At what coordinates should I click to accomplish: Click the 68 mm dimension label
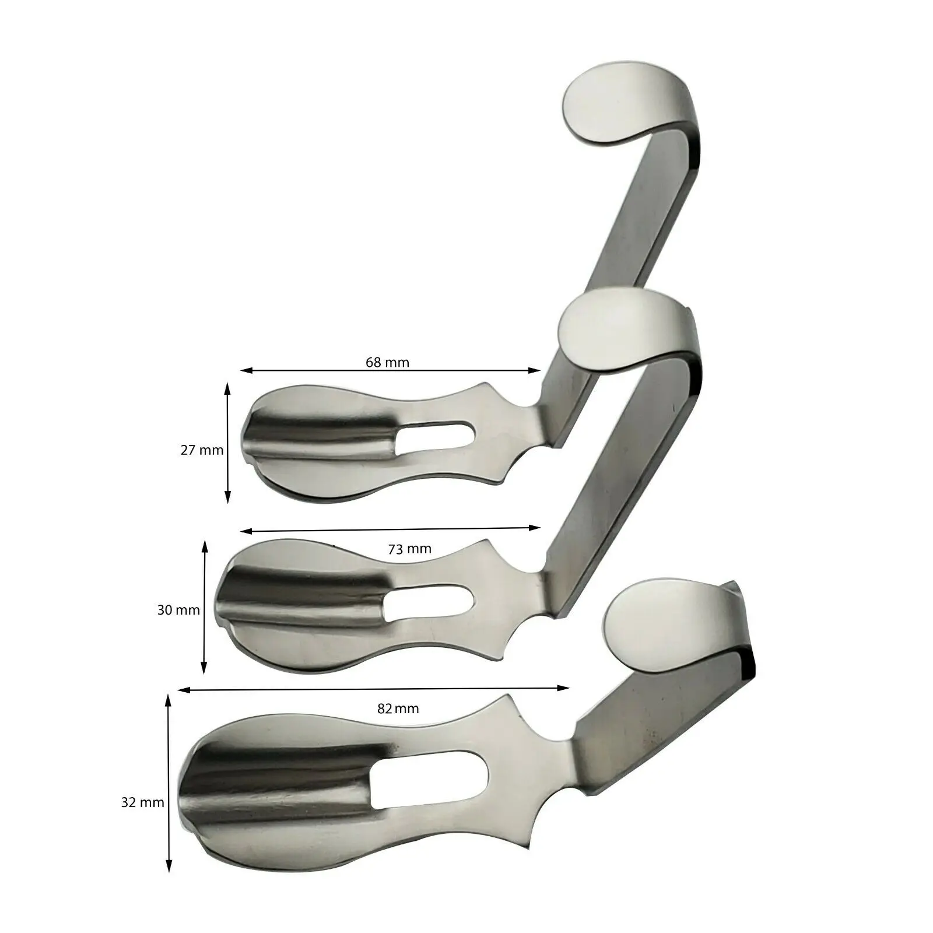[x=387, y=363]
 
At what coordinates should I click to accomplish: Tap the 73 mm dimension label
[x=409, y=549]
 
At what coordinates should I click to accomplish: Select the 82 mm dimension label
[x=398, y=709]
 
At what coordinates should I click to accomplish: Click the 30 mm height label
[x=178, y=611]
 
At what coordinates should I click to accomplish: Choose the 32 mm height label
[x=143, y=802]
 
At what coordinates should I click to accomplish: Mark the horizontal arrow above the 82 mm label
[x=373, y=689]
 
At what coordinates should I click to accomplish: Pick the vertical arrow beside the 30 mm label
[x=204, y=606]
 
